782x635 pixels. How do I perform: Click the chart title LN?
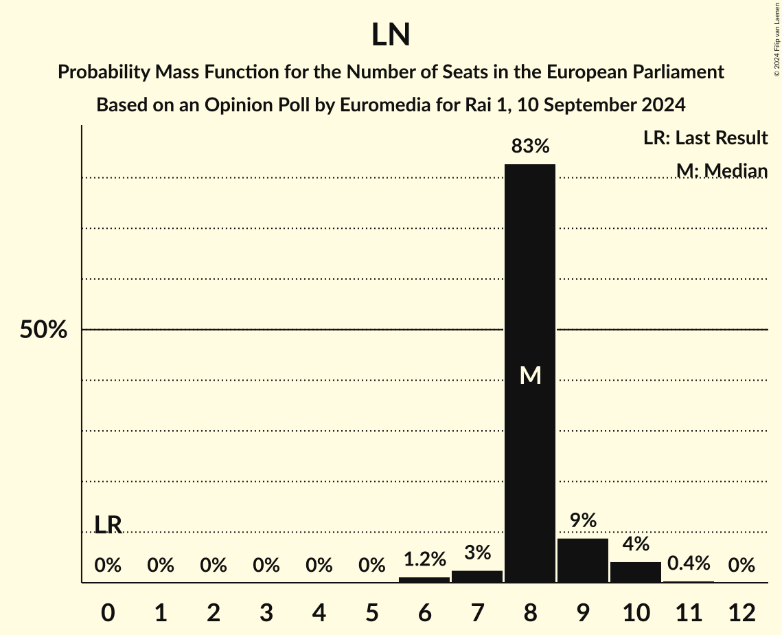click(x=391, y=35)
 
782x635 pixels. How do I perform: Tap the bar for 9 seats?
click(x=583, y=560)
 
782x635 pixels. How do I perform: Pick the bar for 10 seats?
click(x=636, y=572)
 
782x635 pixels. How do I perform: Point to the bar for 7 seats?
click(x=477, y=577)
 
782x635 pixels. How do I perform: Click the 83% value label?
click(x=530, y=146)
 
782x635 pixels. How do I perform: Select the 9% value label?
click(x=583, y=521)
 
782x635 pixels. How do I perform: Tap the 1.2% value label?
click(x=424, y=559)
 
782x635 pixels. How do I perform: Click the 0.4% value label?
click(x=689, y=564)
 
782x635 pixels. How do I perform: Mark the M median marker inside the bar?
click(x=530, y=375)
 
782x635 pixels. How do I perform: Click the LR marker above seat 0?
click(x=108, y=525)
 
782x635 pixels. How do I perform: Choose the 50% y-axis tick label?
click(x=43, y=331)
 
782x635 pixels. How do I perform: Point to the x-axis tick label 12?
click(x=741, y=612)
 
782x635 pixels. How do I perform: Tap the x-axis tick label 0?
click(x=108, y=612)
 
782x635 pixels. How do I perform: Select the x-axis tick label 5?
click(x=371, y=612)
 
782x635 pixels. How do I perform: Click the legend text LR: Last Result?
click(x=705, y=138)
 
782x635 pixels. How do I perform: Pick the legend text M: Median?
click(x=722, y=170)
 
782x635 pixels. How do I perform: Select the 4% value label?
click(x=636, y=544)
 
